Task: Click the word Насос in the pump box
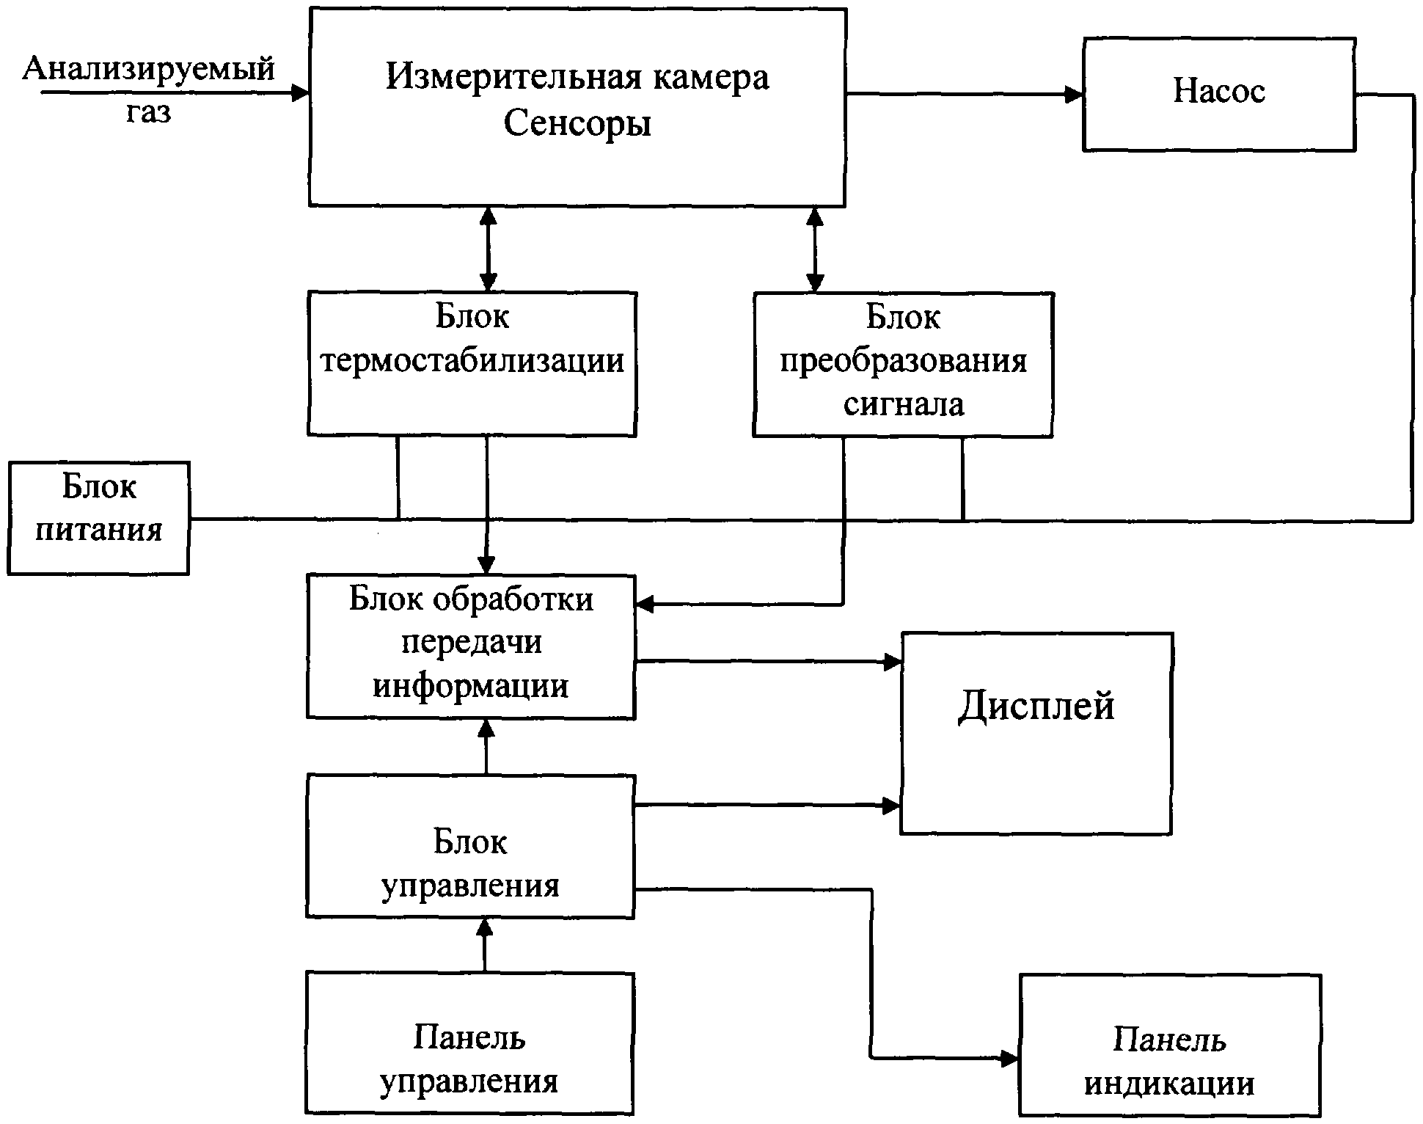[1219, 91]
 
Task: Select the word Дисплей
[1036, 706]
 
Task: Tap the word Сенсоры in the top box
[577, 123]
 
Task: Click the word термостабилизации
[472, 360]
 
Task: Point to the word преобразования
[903, 361]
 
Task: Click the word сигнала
[904, 404]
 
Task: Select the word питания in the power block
[99, 530]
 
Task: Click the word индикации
[1169, 1084]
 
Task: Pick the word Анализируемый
[149, 69]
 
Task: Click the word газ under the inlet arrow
[148, 112]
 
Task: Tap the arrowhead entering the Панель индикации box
[1010, 1058]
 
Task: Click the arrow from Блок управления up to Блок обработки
[486, 747]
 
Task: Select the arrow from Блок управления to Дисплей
[767, 806]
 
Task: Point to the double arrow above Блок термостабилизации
[488, 249]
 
